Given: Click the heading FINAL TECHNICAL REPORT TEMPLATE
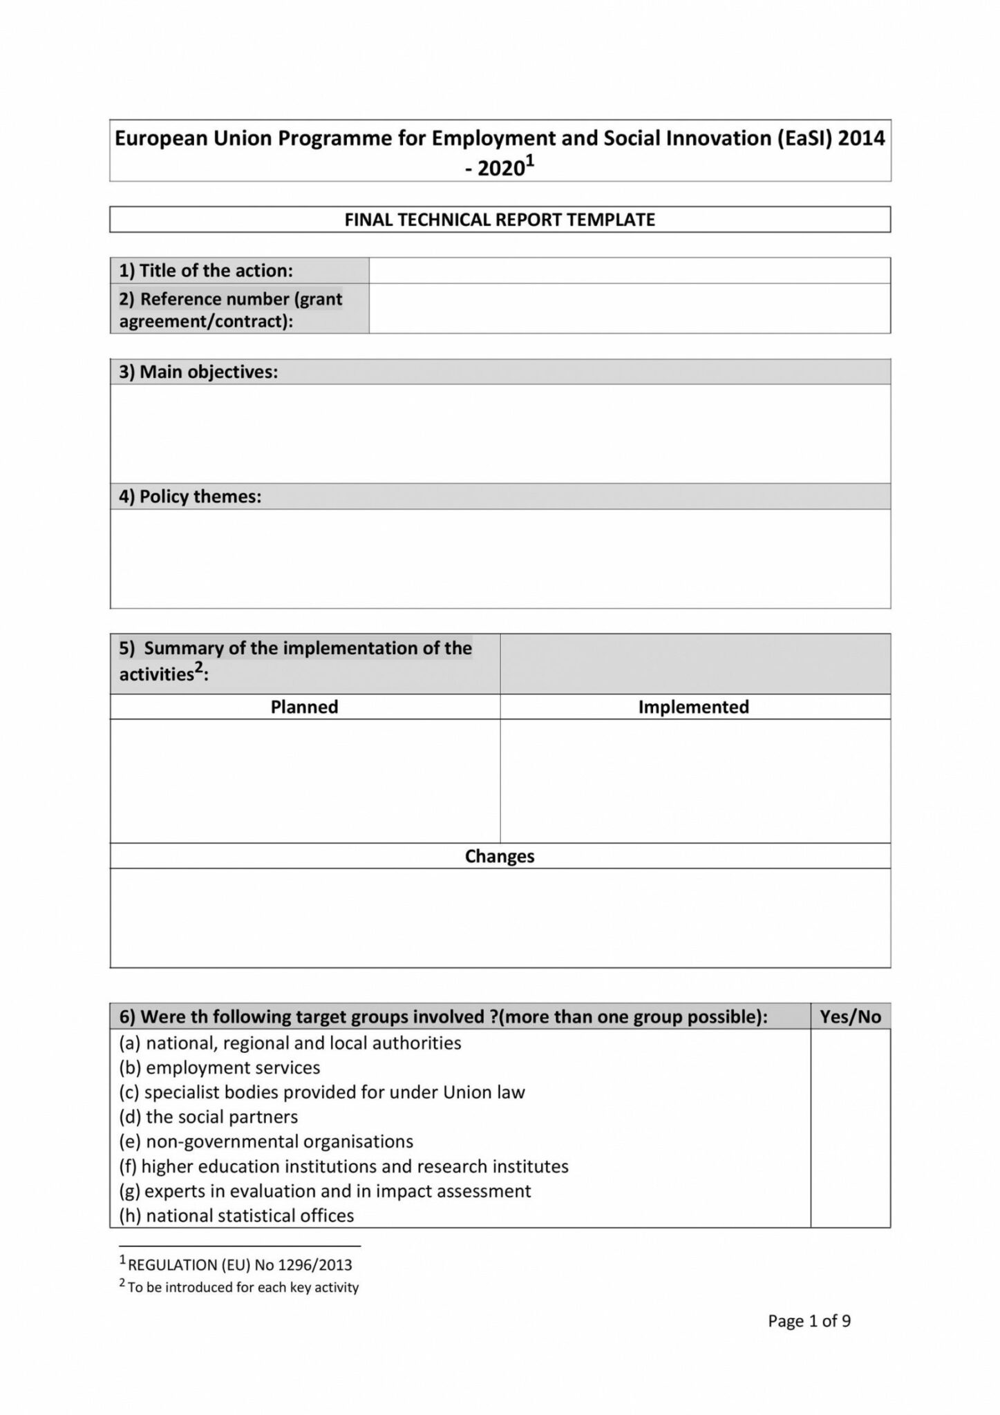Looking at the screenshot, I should click(499, 220).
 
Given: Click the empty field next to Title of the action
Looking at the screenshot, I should click(629, 270).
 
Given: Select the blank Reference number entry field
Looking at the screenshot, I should click(629, 309).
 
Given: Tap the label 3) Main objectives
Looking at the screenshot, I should click(198, 372).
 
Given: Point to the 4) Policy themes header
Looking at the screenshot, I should click(190, 497).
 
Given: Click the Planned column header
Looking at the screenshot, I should click(304, 707).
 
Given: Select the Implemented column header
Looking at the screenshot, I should click(693, 707).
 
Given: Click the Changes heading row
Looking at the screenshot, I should click(499, 856).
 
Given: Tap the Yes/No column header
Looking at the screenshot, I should click(850, 1016).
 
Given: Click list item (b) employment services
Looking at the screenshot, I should click(220, 1067).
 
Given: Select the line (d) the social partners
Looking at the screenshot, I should click(209, 1117).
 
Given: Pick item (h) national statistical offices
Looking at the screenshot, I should click(236, 1215).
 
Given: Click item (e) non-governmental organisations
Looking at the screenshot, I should click(266, 1141).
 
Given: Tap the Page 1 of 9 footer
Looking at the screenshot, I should click(809, 1321).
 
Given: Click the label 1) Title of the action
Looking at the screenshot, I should click(206, 270).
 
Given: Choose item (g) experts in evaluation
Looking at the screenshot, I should click(325, 1190).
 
